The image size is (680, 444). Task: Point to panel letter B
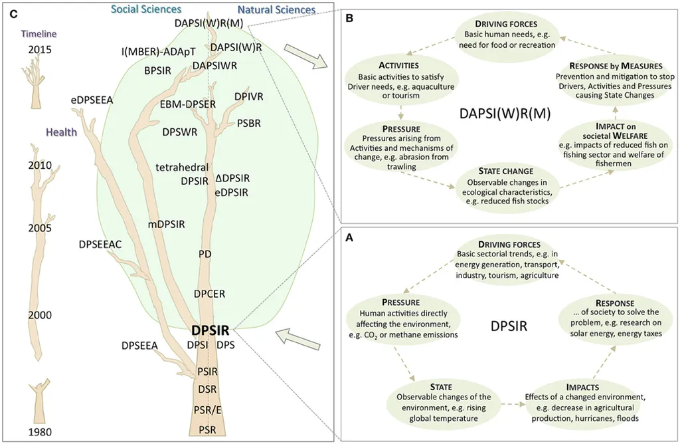pos(348,19)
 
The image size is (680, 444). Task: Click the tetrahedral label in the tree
pos(183,167)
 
